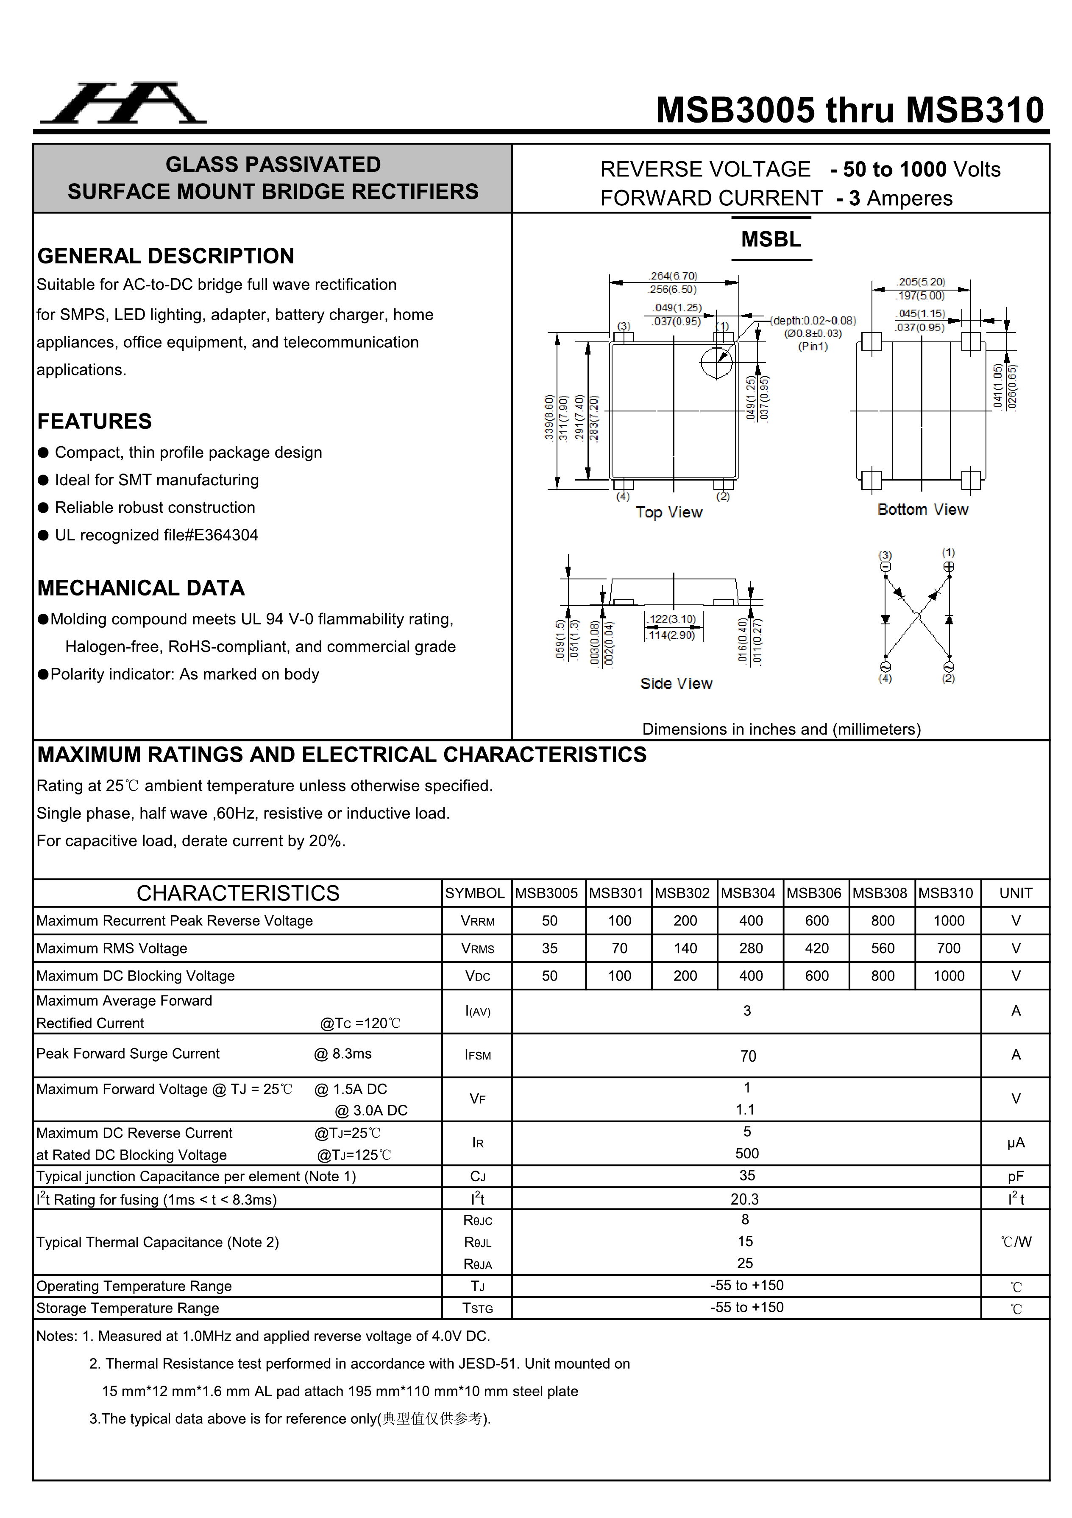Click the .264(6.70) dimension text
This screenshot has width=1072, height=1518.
coord(673,276)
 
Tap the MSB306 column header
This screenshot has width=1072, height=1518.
coord(813,893)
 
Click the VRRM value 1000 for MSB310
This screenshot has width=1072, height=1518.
coord(948,920)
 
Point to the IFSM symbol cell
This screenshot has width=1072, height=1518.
coord(477,1055)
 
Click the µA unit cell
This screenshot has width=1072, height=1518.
coord(1015,1143)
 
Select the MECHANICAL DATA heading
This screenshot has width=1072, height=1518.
coord(141,588)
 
